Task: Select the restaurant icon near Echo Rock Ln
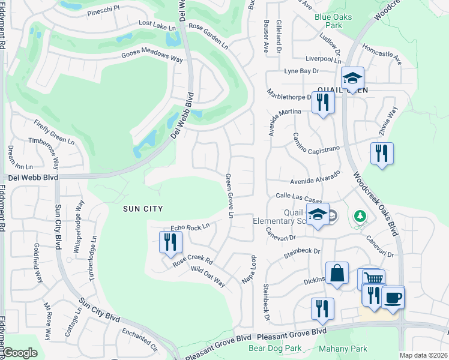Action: [x=170, y=242]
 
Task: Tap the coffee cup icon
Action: [x=393, y=298]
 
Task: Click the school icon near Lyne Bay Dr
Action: [x=353, y=78]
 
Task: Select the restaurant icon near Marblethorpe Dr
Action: [x=323, y=103]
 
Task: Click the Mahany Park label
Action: [x=343, y=348]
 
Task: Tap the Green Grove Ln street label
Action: [x=229, y=196]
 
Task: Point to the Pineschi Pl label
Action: [x=104, y=10]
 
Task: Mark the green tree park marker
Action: [x=361, y=215]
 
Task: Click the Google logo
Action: [x=20, y=353]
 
